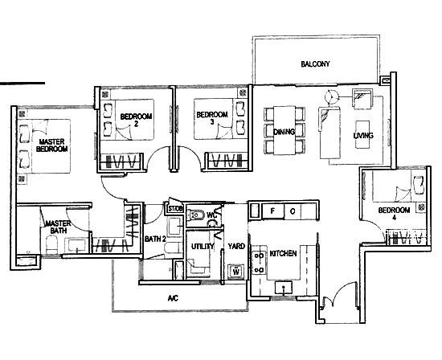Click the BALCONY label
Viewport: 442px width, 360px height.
point(315,64)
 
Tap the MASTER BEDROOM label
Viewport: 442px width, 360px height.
point(52,145)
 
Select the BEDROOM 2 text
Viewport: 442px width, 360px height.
point(136,120)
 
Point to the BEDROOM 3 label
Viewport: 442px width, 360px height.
point(212,118)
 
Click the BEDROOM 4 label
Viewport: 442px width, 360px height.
point(394,214)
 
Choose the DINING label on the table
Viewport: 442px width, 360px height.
point(284,132)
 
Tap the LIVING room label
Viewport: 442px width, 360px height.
point(363,136)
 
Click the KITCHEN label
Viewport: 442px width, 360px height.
point(284,253)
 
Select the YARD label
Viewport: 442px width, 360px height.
point(236,246)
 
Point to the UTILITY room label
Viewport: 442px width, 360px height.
point(203,247)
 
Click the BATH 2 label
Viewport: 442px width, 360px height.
point(155,239)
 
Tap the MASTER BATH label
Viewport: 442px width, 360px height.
point(59,227)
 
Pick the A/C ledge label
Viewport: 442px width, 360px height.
point(173,298)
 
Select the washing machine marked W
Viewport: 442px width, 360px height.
point(236,271)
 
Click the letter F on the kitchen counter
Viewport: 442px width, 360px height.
point(272,211)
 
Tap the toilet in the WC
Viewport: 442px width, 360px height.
point(196,215)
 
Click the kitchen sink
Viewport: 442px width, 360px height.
point(284,287)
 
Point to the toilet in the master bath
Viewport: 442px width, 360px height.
point(52,245)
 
